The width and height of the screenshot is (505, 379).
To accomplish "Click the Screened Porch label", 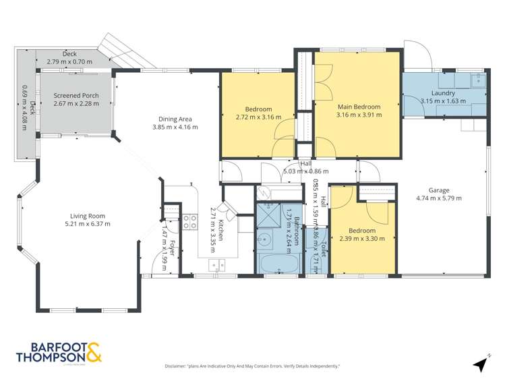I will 76,96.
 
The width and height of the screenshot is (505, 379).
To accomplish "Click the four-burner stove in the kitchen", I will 190,221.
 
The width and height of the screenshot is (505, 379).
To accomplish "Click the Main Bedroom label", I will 359,107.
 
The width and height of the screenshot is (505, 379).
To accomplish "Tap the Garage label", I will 442,189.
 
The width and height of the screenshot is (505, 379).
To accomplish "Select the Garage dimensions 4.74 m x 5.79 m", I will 442,199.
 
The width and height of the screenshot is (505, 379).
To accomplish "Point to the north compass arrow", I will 479,363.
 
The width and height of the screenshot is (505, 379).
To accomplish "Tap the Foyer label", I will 173,247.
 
